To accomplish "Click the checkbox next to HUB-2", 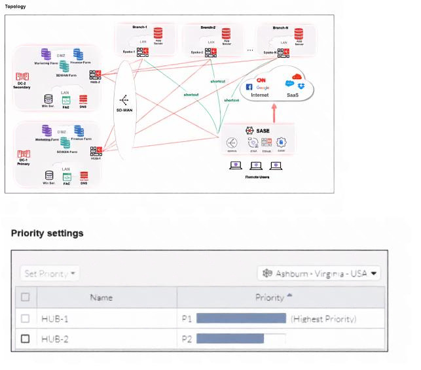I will [x=26, y=339].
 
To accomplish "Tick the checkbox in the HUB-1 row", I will [x=26, y=318].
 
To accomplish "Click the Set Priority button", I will [x=50, y=273].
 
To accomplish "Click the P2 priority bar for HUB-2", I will [x=230, y=339].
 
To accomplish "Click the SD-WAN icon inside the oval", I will [x=124, y=101].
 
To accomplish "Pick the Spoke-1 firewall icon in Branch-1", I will [x=142, y=52].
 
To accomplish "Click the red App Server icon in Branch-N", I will [x=299, y=33].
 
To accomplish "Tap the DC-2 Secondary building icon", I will [x=22, y=77].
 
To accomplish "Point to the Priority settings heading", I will [x=47, y=233].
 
